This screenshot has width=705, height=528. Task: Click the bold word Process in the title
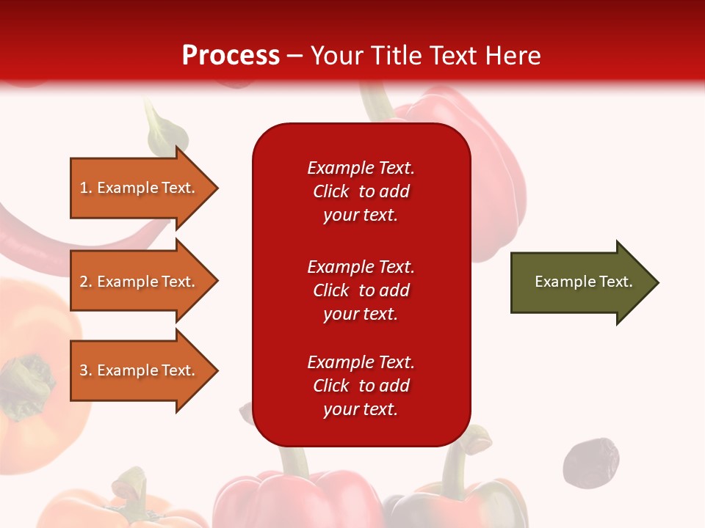pyautogui.click(x=231, y=55)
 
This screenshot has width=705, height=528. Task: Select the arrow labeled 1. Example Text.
pyautogui.click(x=140, y=188)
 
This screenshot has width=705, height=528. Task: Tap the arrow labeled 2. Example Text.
pyautogui.click(x=140, y=282)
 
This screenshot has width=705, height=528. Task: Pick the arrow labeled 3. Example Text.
pyautogui.click(x=140, y=370)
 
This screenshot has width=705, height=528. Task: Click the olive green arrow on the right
pyautogui.click(x=580, y=282)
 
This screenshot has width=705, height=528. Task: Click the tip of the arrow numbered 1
pyautogui.click(x=216, y=188)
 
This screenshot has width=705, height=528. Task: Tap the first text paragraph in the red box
pyautogui.click(x=361, y=191)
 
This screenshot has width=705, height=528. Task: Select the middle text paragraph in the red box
pyautogui.click(x=361, y=290)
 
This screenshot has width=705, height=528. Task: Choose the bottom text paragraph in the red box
pyautogui.click(x=361, y=386)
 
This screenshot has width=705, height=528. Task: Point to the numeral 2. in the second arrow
pyautogui.click(x=86, y=282)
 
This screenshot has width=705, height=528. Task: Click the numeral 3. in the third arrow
pyautogui.click(x=86, y=370)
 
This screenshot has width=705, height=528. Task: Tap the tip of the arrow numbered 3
pyautogui.click(x=216, y=370)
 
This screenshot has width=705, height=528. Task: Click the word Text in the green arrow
pyautogui.click(x=615, y=282)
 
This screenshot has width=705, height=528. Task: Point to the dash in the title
pyautogui.click(x=295, y=56)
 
